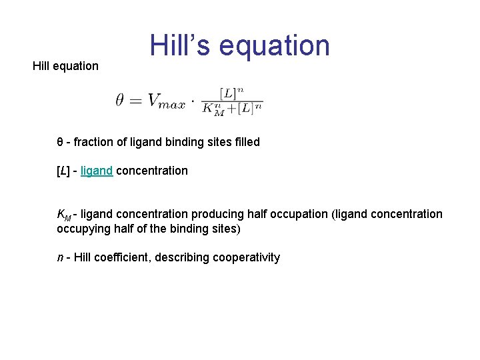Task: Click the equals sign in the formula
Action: pyautogui.click(x=135, y=101)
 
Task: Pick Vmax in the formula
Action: pyautogui.click(x=166, y=101)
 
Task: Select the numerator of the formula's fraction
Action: pyautogui.click(x=233, y=92)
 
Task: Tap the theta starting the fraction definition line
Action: pyautogui.click(x=60, y=142)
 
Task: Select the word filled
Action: pyautogui.click(x=245, y=142)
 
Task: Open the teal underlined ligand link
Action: pyautogui.click(x=96, y=171)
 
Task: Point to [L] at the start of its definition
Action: pyautogui.click(x=64, y=171)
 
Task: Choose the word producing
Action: pyautogui.click(x=218, y=214)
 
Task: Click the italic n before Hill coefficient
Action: pyautogui.click(x=60, y=257)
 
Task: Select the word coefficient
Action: pyautogui.click(x=123, y=257)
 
